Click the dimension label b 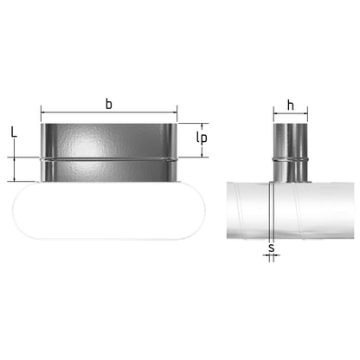pos(109,104)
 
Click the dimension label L pos(14,132)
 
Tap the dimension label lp pos(202,138)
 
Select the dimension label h pos(291,106)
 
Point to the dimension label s pos(272,247)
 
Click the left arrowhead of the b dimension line pos(43,112)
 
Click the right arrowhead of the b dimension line pos(175,112)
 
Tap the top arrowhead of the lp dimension pos(202,125)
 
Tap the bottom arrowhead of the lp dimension pos(202,155)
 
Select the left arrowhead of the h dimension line pos(275,113)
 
